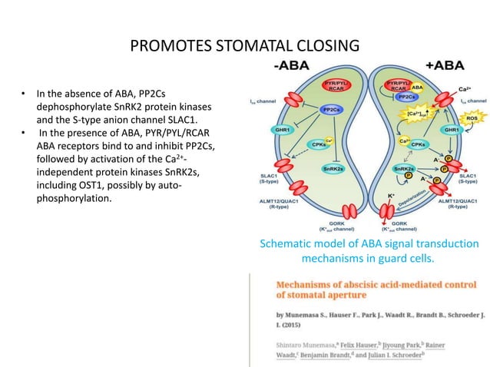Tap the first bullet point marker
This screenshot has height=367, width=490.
pos(24,96)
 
